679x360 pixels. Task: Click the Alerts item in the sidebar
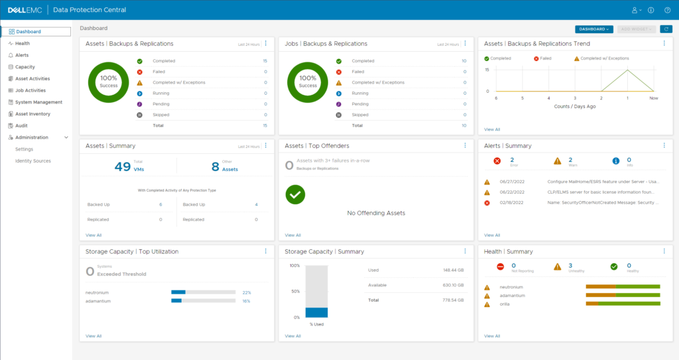point(22,55)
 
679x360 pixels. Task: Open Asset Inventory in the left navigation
point(32,114)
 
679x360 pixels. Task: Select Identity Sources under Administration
point(32,161)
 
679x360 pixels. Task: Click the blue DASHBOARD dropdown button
point(593,29)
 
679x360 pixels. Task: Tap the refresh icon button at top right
point(666,29)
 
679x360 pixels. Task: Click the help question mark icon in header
point(666,10)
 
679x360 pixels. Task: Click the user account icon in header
point(635,10)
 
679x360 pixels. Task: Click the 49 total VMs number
point(123,166)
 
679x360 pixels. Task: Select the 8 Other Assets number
point(215,166)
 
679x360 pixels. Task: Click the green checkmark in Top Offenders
point(295,194)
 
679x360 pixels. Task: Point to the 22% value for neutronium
point(246,292)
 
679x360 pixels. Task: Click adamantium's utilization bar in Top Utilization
point(203,301)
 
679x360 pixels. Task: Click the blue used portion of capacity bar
point(316,312)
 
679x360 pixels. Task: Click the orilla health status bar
point(623,304)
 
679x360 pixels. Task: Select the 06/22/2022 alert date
point(512,192)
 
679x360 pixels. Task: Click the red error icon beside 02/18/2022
point(487,202)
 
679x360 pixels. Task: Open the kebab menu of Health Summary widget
point(664,251)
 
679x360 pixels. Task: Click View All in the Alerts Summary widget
point(492,235)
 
